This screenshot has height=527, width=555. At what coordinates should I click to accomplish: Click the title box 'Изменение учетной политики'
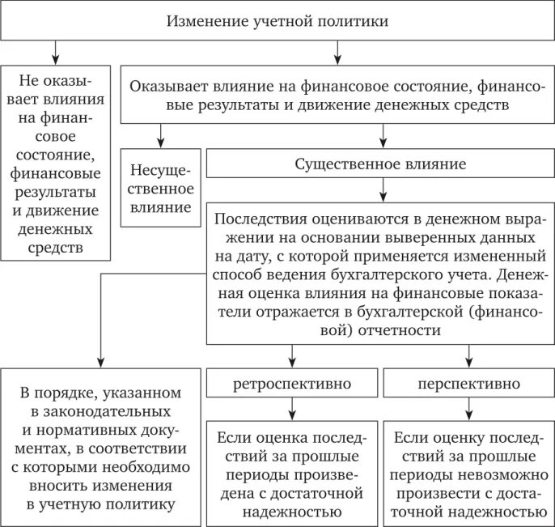pyautogui.click(x=277, y=20)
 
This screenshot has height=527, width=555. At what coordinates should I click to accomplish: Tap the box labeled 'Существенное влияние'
pyautogui.click(x=380, y=165)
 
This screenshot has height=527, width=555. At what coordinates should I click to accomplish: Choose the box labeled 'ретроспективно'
pyautogui.click(x=291, y=383)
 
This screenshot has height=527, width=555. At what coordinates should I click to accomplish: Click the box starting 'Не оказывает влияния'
pyautogui.click(x=55, y=163)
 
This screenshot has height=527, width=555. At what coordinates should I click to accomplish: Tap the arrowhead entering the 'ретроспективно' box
pyautogui.click(x=291, y=359)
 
